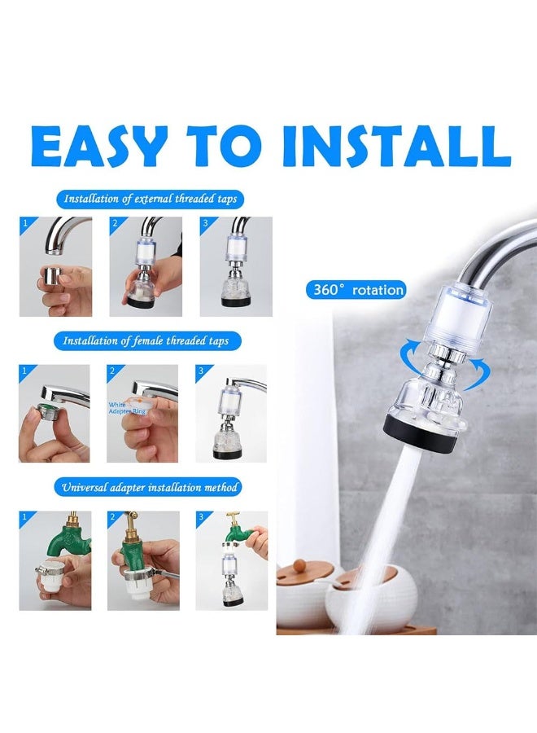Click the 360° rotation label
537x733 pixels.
356,289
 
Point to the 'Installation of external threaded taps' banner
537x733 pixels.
153,199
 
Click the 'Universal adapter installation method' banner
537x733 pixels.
152,487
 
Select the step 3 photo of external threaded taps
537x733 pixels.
236,266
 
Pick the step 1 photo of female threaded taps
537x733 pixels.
55,414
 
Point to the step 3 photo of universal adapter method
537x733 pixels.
231,560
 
